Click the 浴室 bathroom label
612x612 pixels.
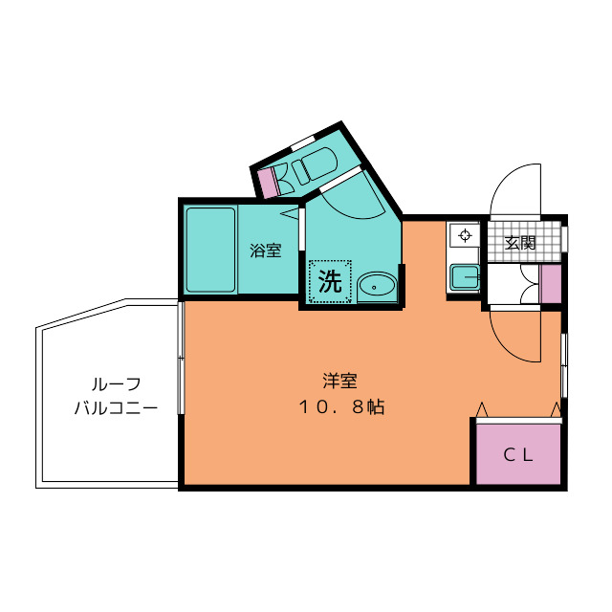tap(266, 251)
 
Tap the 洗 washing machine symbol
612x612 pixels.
tap(329, 281)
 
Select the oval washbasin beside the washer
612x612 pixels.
tap(377, 286)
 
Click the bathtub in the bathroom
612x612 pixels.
tap(210, 250)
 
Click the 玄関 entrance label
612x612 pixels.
tap(520, 243)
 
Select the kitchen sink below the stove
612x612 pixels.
tap(465, 277)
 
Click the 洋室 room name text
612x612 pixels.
tap(339, 381)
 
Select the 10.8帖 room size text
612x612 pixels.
tap(340, 407)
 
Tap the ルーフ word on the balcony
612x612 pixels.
tap(116, 384)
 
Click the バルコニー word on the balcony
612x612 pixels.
tap(116, 408)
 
